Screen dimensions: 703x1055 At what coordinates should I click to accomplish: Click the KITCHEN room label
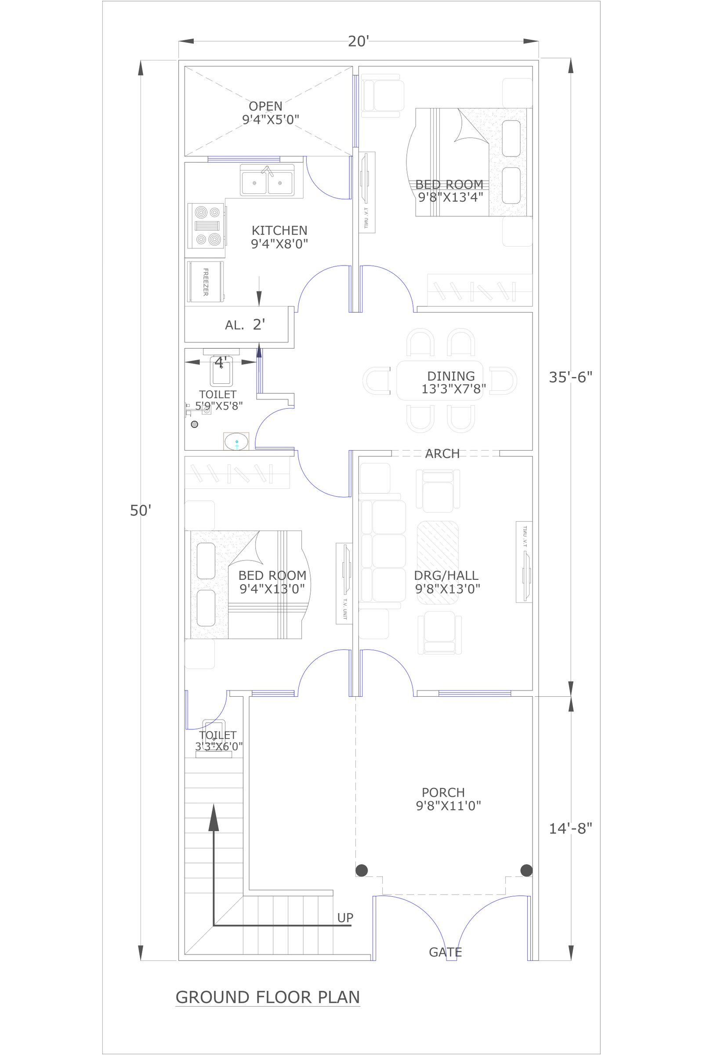[279, 230]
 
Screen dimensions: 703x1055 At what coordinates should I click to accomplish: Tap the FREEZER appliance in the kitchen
[205, 282]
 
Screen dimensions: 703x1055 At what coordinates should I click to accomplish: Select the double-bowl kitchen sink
[267, 180]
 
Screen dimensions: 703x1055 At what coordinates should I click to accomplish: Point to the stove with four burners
[207, 226]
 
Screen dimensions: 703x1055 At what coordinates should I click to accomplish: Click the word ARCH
[442, 454]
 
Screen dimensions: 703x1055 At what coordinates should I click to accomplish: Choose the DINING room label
[451, 376]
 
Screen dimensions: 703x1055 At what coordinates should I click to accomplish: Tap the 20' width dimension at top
[358, 41]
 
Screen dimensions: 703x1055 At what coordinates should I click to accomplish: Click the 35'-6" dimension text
[570, 377]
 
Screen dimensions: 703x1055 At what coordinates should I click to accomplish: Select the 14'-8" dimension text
[570, 829]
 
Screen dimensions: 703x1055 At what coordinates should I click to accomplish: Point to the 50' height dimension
[140, 510]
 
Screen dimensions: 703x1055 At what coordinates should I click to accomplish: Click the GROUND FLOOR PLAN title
[268, 997]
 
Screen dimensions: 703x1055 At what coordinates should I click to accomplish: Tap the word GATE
[445, 952]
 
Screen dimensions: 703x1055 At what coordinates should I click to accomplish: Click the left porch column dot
[361, 871]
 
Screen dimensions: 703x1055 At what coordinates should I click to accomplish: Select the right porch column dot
[526, 871]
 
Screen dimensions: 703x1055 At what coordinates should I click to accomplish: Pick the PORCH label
[443, 793]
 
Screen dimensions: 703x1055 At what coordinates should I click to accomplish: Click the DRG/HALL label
[446, 575]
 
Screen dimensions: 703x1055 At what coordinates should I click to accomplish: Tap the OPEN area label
[265, 106]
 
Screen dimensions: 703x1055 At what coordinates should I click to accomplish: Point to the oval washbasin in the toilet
[236, 441]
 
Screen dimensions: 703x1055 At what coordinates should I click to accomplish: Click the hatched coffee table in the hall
[438, 563]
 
